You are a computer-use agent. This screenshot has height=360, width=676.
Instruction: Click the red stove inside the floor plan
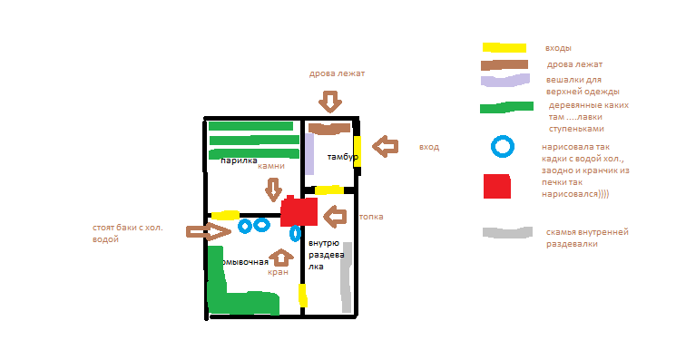299,213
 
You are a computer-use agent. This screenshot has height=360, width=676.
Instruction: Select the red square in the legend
496,185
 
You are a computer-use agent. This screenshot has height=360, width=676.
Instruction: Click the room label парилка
240,161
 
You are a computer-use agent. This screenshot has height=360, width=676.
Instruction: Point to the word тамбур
343,157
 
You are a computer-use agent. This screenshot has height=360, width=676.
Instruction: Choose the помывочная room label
246,261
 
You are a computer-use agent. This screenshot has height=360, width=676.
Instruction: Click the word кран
278,271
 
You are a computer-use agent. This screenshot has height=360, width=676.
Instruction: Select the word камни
271,166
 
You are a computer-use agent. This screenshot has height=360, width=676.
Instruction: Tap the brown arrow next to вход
387,146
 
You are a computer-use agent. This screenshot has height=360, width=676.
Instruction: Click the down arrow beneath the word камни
273,190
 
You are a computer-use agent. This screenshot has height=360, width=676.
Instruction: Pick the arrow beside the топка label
336,217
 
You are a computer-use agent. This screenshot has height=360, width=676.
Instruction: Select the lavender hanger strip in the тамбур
309,153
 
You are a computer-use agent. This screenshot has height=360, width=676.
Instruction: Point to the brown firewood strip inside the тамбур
328,128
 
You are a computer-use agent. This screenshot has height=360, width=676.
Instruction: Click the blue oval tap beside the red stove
295,233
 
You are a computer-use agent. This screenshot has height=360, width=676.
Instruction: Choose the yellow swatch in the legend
504,46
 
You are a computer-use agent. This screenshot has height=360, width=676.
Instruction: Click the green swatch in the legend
506,108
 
